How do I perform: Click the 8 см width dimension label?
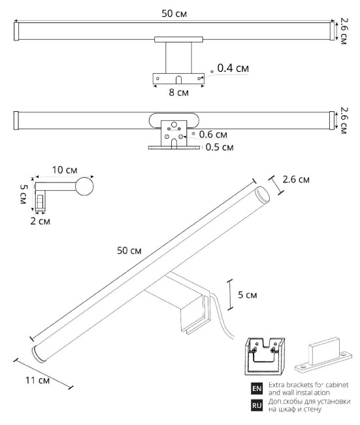click(x=178, y=93)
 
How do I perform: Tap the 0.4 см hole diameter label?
click(x=233, y=68)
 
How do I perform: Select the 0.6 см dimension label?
click(x=213, y=135)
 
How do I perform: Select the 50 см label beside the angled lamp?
click(x=129, y=251)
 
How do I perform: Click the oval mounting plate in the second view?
click(x=174, y=121)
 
